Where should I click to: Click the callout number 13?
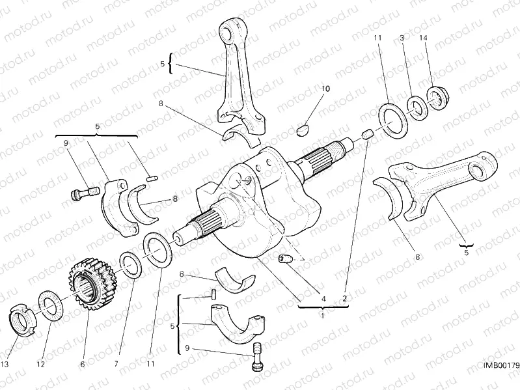(x=5, y=365)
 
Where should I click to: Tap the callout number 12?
(x=40, y=365)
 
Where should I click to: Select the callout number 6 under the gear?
(x=83, y=365)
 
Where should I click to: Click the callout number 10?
(x=325, y=88)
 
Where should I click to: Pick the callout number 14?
(x=424, y=38)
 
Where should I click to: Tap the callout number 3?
(x=402, y=38)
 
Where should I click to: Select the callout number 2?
(x=345, y=299)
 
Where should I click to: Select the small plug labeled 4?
(x=284, y=260)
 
